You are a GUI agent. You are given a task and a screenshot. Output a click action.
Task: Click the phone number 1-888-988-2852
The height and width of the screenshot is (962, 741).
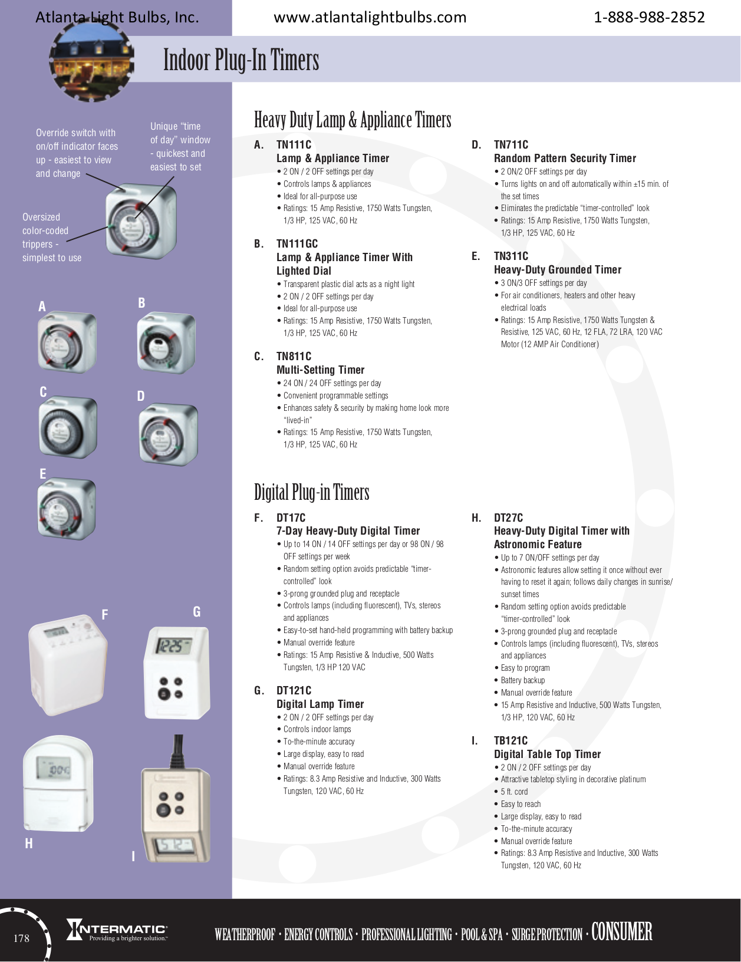[x=648, y=17]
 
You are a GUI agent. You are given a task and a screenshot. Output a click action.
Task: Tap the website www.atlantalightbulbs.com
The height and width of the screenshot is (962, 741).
[x=370, y=17]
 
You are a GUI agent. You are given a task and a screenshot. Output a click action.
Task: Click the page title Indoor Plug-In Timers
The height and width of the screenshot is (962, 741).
[x=241, y=60]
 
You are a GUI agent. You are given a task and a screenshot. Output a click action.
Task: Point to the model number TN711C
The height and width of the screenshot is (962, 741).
[x=511, y=144]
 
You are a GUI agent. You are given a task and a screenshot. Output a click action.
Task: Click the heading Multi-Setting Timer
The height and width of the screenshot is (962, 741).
[x=320, y=370]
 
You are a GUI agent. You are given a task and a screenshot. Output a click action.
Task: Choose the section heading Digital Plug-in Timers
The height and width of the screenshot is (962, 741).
[x=311, y=492]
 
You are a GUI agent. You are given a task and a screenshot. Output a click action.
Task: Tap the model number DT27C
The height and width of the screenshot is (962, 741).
[x=508, y=518]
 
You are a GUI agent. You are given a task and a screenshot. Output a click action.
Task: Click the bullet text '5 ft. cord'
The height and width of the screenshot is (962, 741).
[x=514, y=792]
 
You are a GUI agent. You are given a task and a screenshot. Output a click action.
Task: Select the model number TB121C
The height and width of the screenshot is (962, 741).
[x=511, y=740]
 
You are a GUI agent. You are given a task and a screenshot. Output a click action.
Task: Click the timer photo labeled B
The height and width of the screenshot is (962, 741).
[x=166, y=343]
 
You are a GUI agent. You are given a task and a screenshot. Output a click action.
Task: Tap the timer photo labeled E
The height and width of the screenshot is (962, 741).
[x=66, y=509]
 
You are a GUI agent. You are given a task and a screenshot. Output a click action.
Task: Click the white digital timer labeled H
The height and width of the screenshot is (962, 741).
[x=58, y=784]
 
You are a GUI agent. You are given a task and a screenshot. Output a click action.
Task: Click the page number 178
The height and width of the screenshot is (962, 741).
[x=21, y=938]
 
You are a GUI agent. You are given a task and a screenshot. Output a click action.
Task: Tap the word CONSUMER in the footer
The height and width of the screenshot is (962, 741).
[x=621, y=932]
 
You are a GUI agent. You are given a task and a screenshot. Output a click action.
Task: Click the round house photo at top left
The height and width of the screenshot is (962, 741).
[x=91, y=62]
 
